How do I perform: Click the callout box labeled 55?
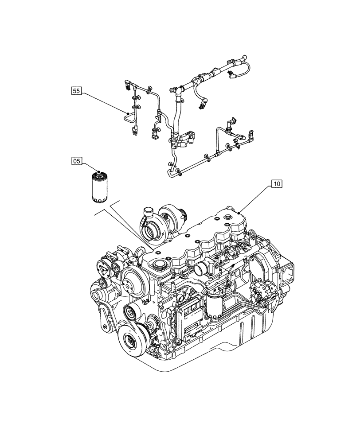pyautogui.click(x=76, y=91)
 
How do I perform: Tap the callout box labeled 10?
pyautogui.click(x=276, y=183)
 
